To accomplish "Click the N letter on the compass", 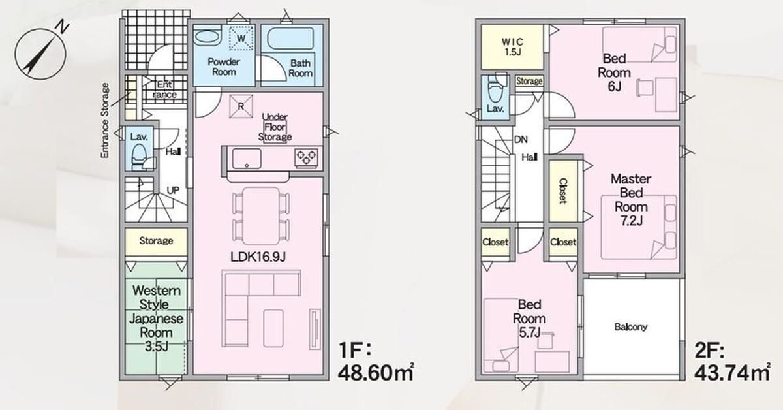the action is coord(63,27).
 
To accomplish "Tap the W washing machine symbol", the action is coord(241,38).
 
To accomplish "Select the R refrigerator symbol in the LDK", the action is coord(241,106).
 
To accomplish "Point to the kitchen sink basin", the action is coord(247,159).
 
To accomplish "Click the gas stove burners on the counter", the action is coord(306,157).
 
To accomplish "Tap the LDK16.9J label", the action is coord(258,257).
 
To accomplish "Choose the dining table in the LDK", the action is coord(261,216).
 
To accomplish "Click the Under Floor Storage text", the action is coord(275,127).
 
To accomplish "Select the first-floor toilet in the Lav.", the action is coord(140,157).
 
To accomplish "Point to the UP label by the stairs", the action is coord(173,190).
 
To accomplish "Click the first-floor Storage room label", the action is coord(156,241).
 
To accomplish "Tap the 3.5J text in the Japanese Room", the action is coord(156,346).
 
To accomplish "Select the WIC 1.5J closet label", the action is coord(512,47).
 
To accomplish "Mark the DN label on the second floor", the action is coord(521,140).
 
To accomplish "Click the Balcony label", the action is coord(631,327).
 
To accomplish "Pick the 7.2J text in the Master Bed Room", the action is coord(632,221).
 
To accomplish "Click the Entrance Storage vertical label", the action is coord(105,120).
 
